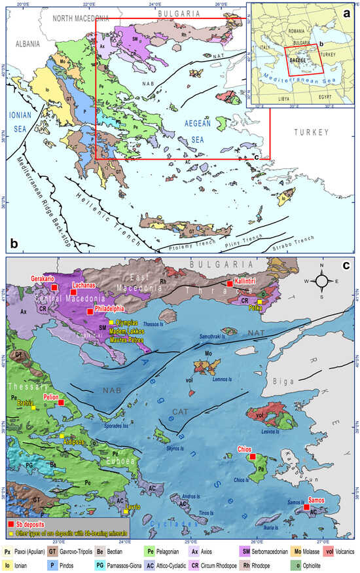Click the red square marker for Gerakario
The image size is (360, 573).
[x=54, y=287]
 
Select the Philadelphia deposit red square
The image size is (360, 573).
[x=90, y=312]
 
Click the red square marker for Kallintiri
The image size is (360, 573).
[x=229, y=283]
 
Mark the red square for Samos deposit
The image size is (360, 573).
[x=306, y=507]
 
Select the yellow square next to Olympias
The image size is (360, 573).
[x=112, y=323]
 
